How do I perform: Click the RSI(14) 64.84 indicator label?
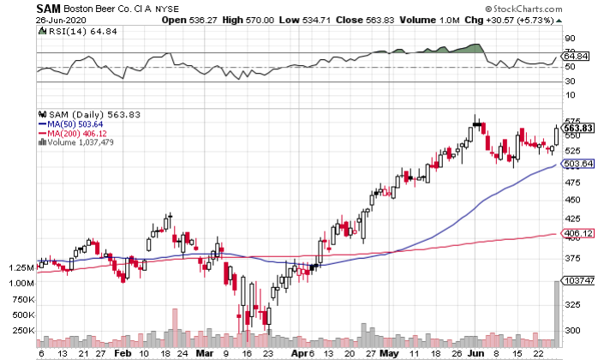click(71, 33)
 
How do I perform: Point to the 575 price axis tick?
click(573, 122)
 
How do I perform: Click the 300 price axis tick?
click(573, 331)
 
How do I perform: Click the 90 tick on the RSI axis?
click(569, 39)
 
